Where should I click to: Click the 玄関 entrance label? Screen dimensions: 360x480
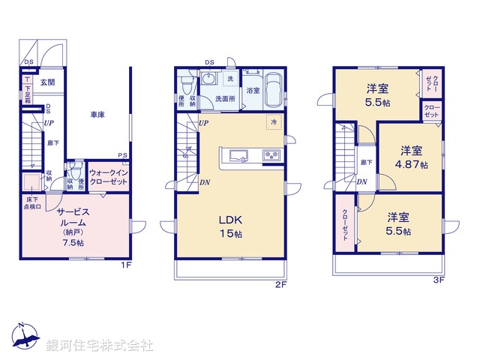tap(46, 82)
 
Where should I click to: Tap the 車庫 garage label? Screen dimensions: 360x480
tap(97, 115)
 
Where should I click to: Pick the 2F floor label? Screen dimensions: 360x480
tap(280, 284)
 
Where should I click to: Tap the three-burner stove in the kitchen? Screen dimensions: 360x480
tap(271, 156)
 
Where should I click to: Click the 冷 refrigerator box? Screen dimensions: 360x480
tap(274, 122)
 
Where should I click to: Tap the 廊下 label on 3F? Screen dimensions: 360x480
tap(364, 162)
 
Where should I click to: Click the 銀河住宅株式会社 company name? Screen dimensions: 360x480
tap(100, 346)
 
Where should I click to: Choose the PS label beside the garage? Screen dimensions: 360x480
tap(122, 156)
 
